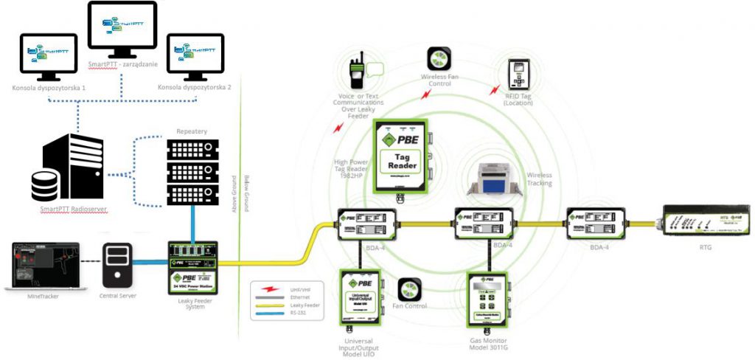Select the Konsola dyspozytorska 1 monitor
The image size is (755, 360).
[x=49, y=56]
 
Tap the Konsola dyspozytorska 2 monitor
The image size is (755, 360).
[x=195, y=56]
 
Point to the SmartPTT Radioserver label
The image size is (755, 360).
[x=74, y=210]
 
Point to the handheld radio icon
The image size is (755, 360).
[x=358, y=73]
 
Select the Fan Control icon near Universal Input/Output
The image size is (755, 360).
[x=409, y=290]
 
